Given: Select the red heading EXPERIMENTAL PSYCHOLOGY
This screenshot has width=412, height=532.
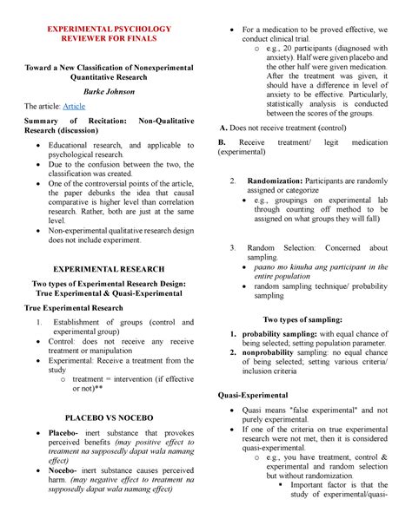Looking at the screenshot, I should pyautogui.click(x=110, y=29).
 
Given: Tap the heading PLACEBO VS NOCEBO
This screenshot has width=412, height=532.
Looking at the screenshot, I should pyautogui.click(x=110, y=417).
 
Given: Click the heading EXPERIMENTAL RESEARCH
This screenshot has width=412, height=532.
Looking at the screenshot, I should pyautogui.click(x=110, y=270).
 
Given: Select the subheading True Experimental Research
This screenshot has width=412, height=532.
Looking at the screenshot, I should pyautogui.click(x=74, y=307).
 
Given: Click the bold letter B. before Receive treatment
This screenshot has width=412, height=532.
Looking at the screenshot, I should pyautogui.click(x=221, y=141).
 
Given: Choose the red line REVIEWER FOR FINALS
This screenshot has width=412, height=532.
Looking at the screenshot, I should pyautogui.click(x=110, y=40).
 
